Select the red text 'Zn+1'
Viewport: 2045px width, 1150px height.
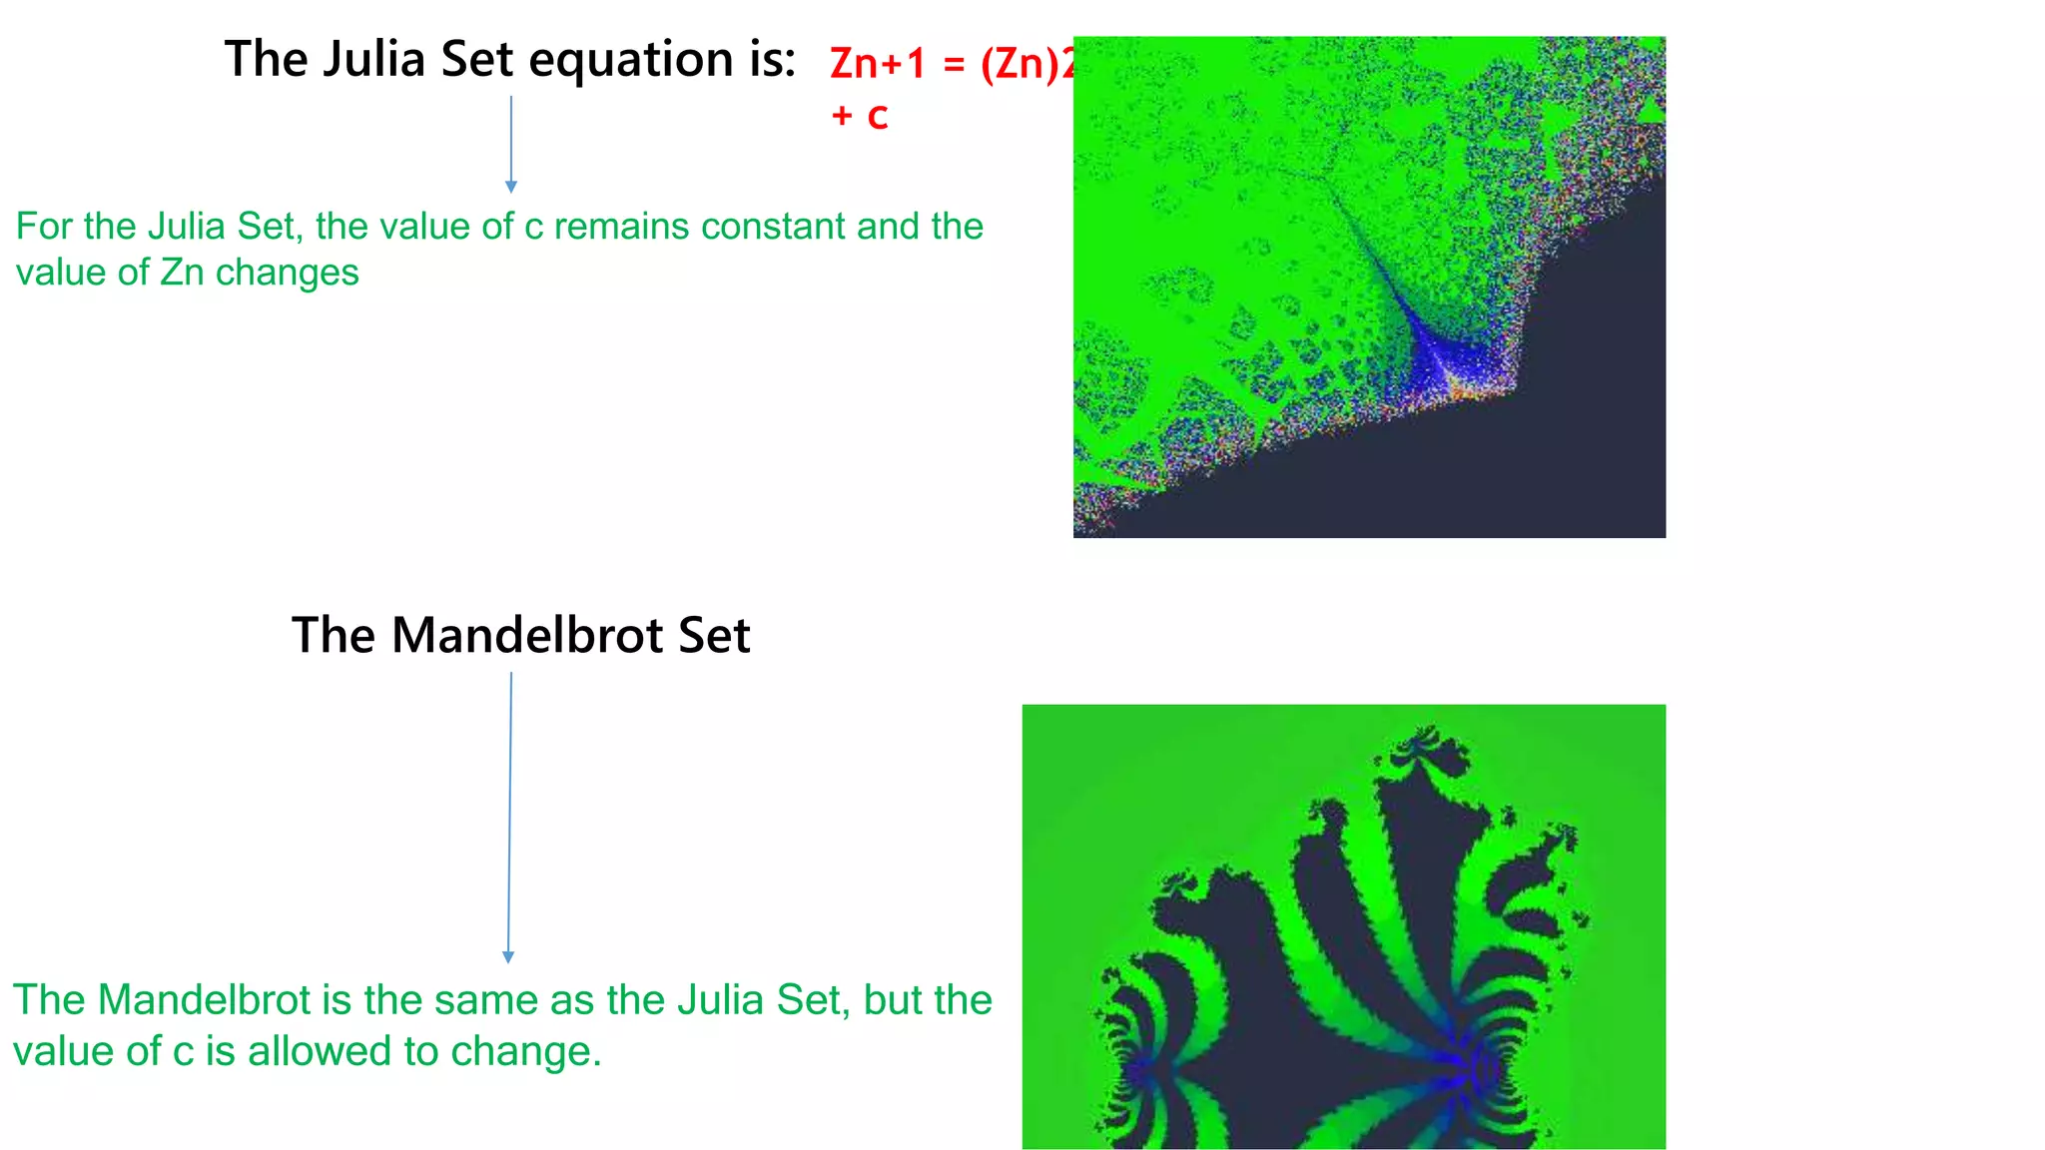878,64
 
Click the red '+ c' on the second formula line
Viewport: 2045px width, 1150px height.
859,116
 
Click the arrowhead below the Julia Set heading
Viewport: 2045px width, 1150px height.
511,187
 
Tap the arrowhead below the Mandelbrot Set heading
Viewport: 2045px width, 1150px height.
508,956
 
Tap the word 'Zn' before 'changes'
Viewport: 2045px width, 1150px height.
182,273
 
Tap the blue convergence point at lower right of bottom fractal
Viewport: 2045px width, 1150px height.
1468,1064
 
